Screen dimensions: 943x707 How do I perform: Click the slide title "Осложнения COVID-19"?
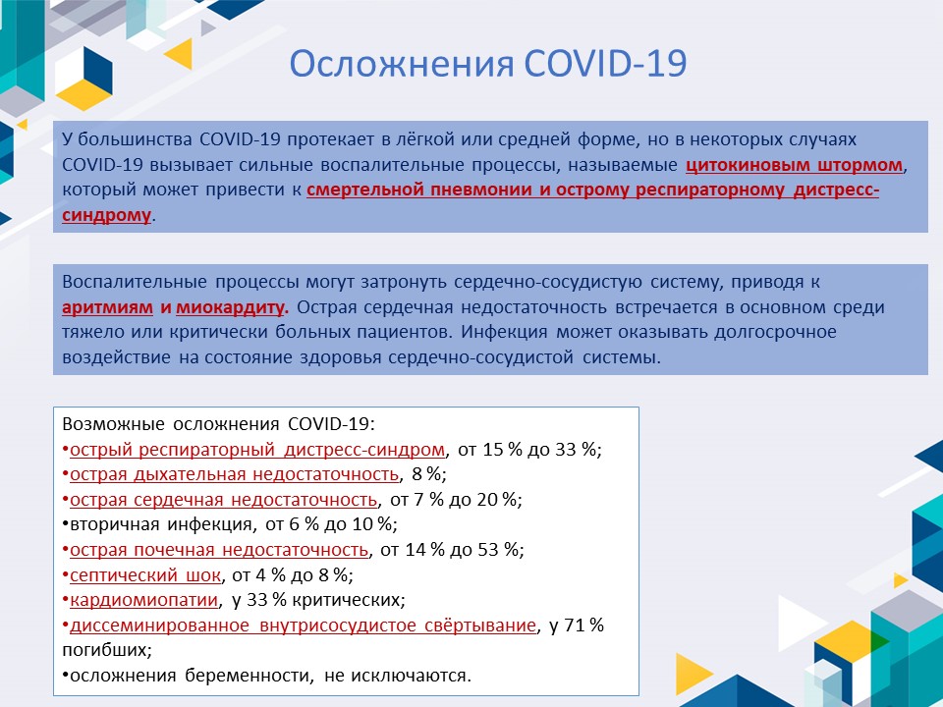(488, 63)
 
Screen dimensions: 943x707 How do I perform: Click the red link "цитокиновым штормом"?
(794, 165)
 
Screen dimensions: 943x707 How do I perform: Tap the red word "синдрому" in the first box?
(106, 215)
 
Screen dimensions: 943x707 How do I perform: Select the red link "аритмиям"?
(108, 307)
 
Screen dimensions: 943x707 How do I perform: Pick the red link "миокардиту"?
(230, 307)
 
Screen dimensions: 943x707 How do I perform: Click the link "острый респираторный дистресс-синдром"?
(257, 450)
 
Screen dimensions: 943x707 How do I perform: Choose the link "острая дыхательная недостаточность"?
(235, 474)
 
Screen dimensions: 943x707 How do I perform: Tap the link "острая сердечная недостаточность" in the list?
(224, 500)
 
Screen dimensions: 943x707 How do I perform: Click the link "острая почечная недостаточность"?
(219, 550)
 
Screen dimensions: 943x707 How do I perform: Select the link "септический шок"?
(145, 575)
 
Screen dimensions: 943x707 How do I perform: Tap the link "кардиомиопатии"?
(143, 600)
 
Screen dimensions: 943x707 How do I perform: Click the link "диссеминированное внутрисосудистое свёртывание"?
(304, 625)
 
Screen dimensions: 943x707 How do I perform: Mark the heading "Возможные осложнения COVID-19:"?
(218, 424)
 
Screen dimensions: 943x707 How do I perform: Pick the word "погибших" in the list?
(105, 650)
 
